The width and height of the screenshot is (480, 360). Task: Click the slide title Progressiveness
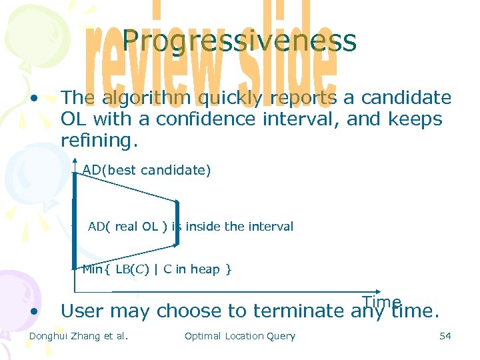(x=239, y=41)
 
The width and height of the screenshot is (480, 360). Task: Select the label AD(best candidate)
(x=147, y=170)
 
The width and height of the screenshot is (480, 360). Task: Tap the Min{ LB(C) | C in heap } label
(x=156, y=269)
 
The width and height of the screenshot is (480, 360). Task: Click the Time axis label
(x=381, y=301)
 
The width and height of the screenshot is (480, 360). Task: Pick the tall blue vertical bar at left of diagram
(x=75, y=220)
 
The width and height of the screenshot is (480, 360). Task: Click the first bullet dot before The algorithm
(x=33, y=98)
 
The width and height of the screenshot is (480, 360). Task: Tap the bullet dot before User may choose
(x=33, y=311)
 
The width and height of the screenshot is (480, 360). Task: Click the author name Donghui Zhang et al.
(x=79, y=336)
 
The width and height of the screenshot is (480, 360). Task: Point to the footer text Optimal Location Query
(x=239, y=336)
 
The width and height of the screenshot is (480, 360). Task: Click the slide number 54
(x=445, y=336)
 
